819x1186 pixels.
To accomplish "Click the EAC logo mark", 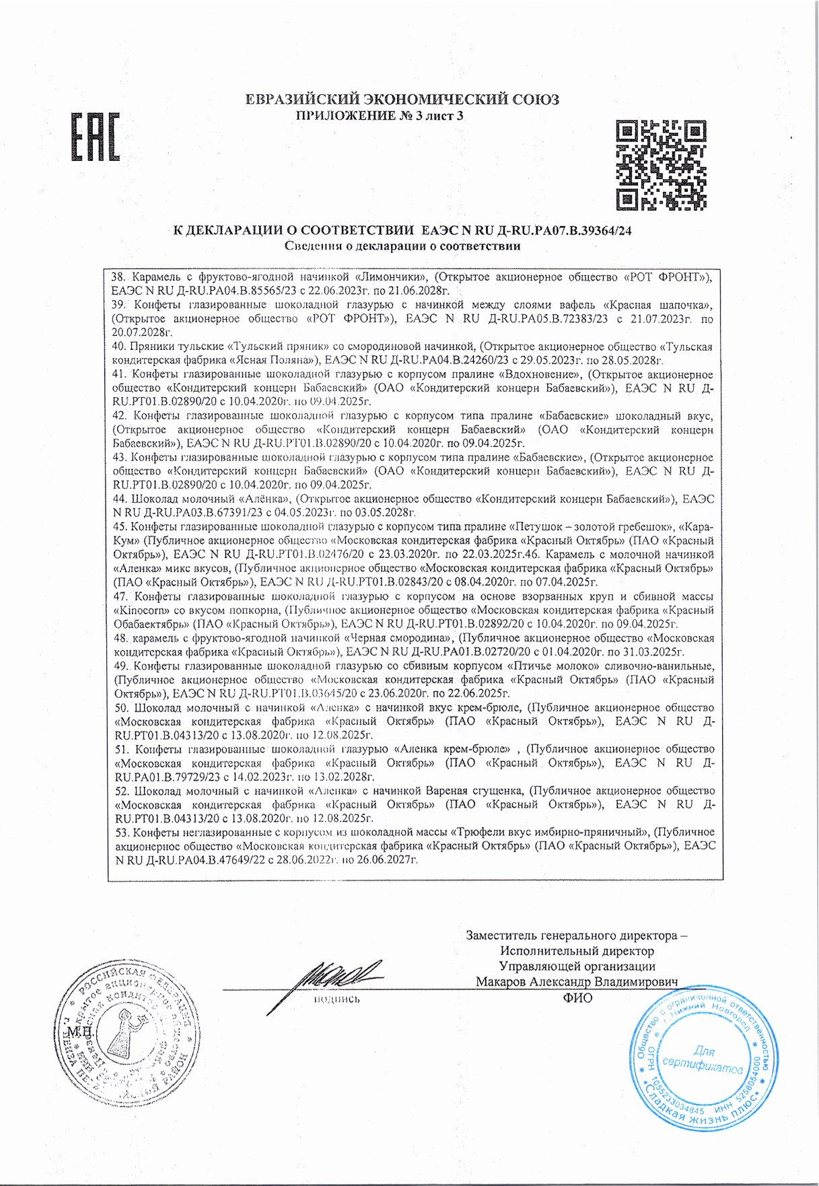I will point(96,137).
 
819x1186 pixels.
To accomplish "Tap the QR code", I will point(661,164).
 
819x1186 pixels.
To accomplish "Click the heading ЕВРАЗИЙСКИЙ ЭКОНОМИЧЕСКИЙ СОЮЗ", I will point(402,100).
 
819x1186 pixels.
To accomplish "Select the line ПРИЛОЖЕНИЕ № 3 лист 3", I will point(380,116).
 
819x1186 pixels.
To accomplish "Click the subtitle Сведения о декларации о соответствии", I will point(402,246).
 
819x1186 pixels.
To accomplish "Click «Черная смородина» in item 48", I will point(397,637).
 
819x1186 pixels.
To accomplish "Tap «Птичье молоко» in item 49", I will point(551,666).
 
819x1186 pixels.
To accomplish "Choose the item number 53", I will point(122,833).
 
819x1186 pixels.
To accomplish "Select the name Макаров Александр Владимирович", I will point(577,982).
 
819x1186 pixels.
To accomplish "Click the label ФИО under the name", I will point(577,998).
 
